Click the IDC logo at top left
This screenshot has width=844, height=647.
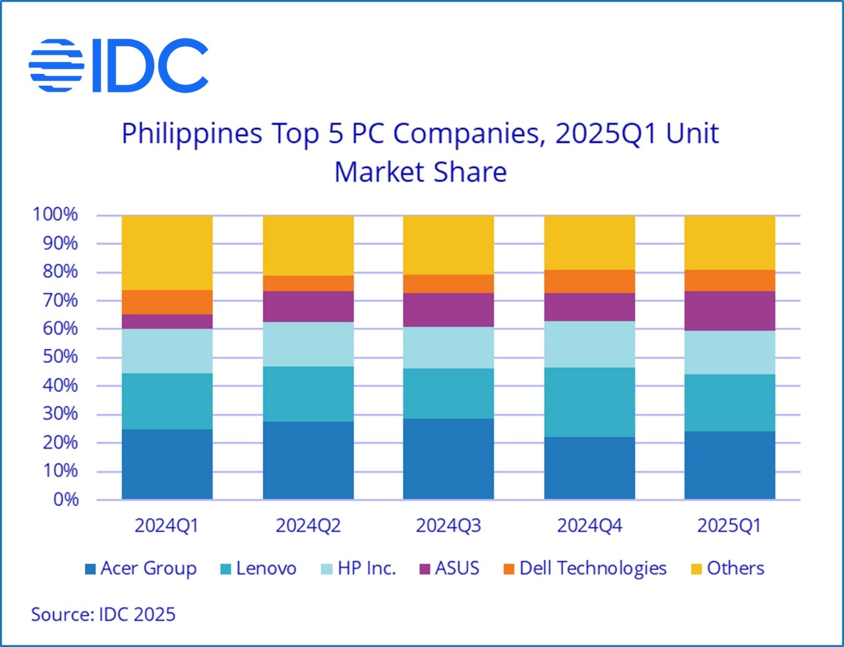[x=119, y=65]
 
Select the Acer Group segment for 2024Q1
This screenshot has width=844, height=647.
[x=167, y=464]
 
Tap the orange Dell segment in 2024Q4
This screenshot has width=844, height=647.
[x=589, y=281]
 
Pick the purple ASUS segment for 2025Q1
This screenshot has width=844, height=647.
[x=730, y=311]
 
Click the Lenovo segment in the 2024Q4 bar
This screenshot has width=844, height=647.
[x=589, y=402]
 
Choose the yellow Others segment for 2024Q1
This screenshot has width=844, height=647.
[x=167, y=253]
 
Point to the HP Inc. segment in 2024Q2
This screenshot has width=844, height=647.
[x=308, y=344]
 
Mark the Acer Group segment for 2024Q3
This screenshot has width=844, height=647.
[x=448, y=458]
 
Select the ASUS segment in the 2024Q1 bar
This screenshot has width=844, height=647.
[x=167, y=321]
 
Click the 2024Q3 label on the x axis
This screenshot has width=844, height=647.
[x=448, y=526]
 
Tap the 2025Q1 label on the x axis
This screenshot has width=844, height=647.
[x=729, y=526]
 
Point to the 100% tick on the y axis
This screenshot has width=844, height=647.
[x=55, y=214]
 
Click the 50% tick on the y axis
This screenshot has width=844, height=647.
[x=60, y=357]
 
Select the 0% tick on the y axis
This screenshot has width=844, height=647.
[x=66, y=499]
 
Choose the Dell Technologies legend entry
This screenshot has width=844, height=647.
[x=586, y=569]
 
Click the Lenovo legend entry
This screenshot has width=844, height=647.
[x=258, y=569]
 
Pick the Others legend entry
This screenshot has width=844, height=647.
[x=728, y=569]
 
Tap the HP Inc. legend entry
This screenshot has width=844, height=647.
[x=359, y=569]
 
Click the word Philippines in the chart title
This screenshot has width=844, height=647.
[x=192, y=135]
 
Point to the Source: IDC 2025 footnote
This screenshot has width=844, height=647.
[x=104, y=615]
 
